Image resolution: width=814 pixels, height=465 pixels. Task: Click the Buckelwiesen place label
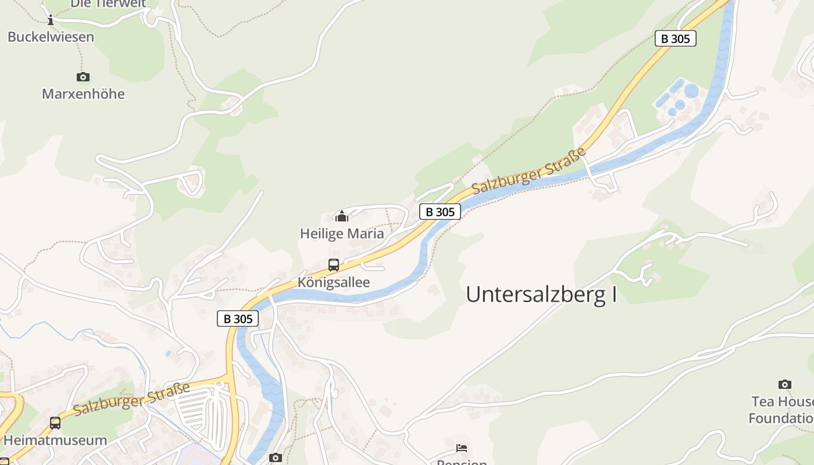coord(51,37)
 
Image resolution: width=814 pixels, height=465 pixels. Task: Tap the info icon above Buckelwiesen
coord(51,21)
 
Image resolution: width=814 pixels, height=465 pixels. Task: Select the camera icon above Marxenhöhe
coord(83,77)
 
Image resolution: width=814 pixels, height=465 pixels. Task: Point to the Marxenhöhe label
coord(83,94)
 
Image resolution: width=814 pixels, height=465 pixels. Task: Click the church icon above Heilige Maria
coord(342,217)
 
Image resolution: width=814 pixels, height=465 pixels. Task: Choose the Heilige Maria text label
coord(342,234)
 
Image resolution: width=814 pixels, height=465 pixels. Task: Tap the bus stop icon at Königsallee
coord(334,265)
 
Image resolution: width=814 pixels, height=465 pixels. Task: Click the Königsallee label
coord(334,282)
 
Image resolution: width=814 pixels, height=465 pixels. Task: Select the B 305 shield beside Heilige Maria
coord(440,212)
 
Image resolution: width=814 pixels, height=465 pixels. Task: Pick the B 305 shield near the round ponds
coord(675,38)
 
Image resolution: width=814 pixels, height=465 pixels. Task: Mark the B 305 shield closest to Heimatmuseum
coord(238,319)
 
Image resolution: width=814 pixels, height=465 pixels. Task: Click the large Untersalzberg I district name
coord(541,295)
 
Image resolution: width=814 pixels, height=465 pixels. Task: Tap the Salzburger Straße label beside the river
coord(529,171)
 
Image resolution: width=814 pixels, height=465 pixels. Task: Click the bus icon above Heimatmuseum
coord(55,423)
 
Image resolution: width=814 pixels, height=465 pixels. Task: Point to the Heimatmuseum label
coord(55,440)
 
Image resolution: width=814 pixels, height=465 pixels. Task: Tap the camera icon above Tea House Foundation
coord(784,384)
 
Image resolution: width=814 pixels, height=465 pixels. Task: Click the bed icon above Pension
coord(462,448)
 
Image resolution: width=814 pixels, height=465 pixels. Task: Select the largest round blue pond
coord(691,91)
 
